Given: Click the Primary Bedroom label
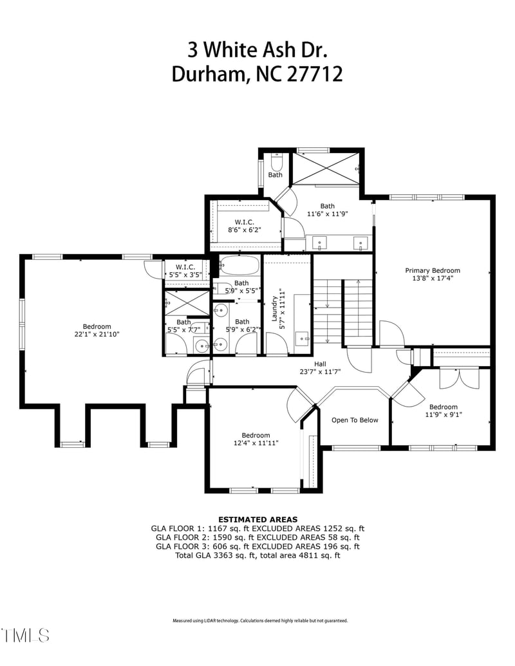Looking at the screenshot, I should (x=432, y=275).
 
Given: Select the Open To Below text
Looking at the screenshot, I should (x=355, y=420).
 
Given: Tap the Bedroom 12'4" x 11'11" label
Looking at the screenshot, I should (x=256, y=439).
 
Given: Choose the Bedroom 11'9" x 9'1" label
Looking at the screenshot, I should (x=443, y=411).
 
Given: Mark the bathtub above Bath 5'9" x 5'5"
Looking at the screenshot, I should (x=239, y=266).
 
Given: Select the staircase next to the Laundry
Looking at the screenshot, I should (x=342, y=312).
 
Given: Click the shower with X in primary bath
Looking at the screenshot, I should (x=324, y=169).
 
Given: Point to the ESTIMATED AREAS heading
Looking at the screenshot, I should (x=257, y=519).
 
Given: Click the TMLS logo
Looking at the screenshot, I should (x=26, y=635).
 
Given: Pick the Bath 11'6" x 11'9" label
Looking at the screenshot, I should (x=328, y=210).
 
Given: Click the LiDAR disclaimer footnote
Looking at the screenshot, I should (x=260, y=621).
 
